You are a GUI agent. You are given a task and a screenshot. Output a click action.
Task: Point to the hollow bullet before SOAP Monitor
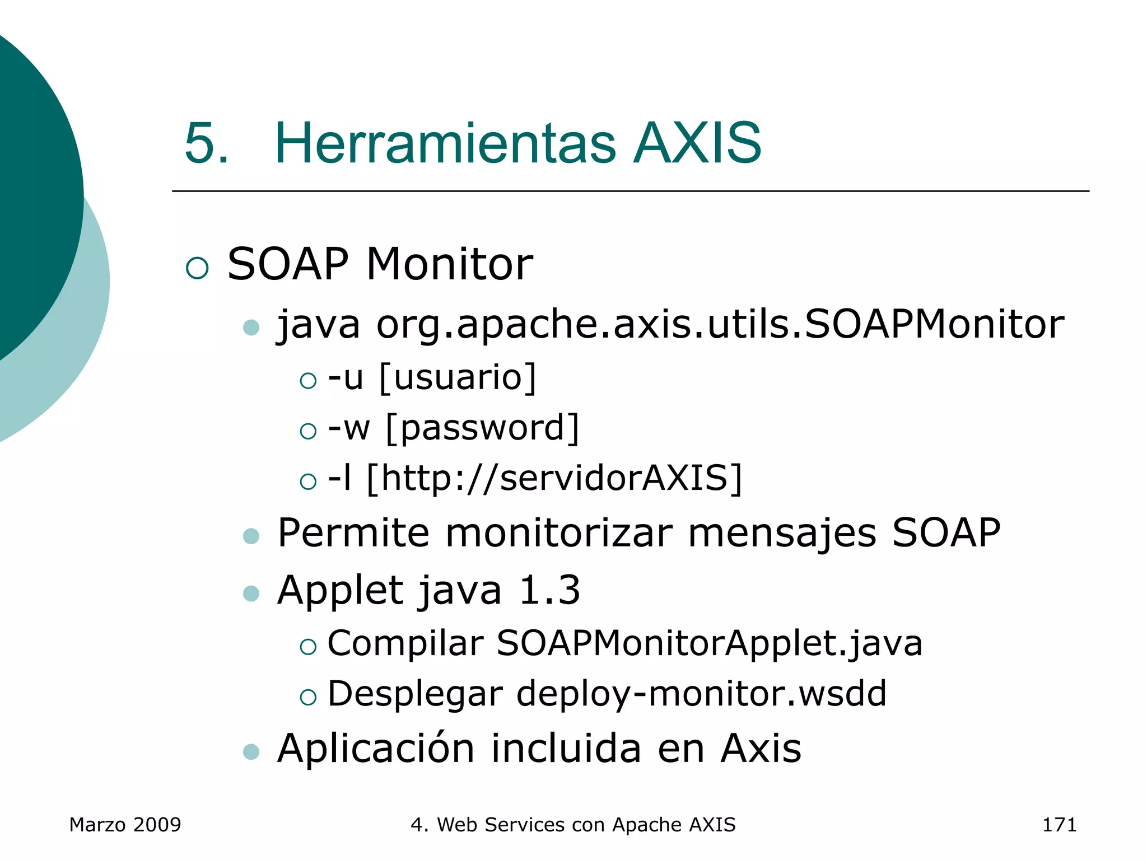[197, 268]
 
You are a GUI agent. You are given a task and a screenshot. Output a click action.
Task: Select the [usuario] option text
[458, 377]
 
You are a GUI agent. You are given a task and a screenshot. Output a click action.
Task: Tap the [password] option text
[482, 428]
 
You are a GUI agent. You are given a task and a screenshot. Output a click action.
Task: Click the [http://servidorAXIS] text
[554, 478]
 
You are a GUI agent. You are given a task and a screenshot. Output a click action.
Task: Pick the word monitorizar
[558, 532]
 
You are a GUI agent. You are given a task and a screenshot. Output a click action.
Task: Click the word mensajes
[782, 532]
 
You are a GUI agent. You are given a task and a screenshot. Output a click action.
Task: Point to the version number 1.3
[549, 590]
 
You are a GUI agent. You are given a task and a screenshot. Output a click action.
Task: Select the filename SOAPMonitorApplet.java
[709, 643]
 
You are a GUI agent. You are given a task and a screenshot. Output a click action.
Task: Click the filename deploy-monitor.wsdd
[701, 694]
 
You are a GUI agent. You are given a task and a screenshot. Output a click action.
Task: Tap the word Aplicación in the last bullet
[376, 748]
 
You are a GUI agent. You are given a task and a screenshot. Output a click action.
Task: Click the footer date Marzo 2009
[125, 825]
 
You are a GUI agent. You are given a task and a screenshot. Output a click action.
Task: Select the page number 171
[1059, 825]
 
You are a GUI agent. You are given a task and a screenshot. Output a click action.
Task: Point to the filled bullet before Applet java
[251, 593]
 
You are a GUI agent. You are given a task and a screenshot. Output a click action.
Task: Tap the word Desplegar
[415, 694]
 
